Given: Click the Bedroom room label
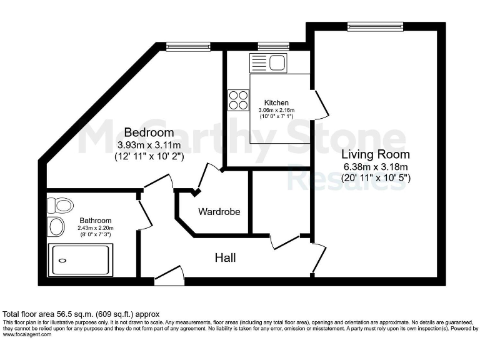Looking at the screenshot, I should point(149,132).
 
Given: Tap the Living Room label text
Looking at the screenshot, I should point(375,154).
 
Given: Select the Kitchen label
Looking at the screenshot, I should point(276,102).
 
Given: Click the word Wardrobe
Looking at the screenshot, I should point(219,212).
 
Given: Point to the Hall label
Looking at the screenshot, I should point(225,257).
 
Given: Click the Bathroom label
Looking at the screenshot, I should point(96,221).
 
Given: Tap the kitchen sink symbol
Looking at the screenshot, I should point(267,63).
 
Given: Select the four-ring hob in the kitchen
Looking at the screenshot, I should point(238,100).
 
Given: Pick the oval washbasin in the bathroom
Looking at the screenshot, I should point(56,227).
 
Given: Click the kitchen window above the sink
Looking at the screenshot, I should point(269,46).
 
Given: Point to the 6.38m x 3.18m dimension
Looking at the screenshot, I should point(375,166).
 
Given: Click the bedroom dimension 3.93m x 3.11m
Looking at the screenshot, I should point(149,145).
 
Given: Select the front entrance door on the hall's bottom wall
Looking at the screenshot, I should point(169,275).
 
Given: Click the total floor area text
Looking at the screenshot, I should point(81,314).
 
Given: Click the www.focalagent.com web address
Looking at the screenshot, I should point(27,334).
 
